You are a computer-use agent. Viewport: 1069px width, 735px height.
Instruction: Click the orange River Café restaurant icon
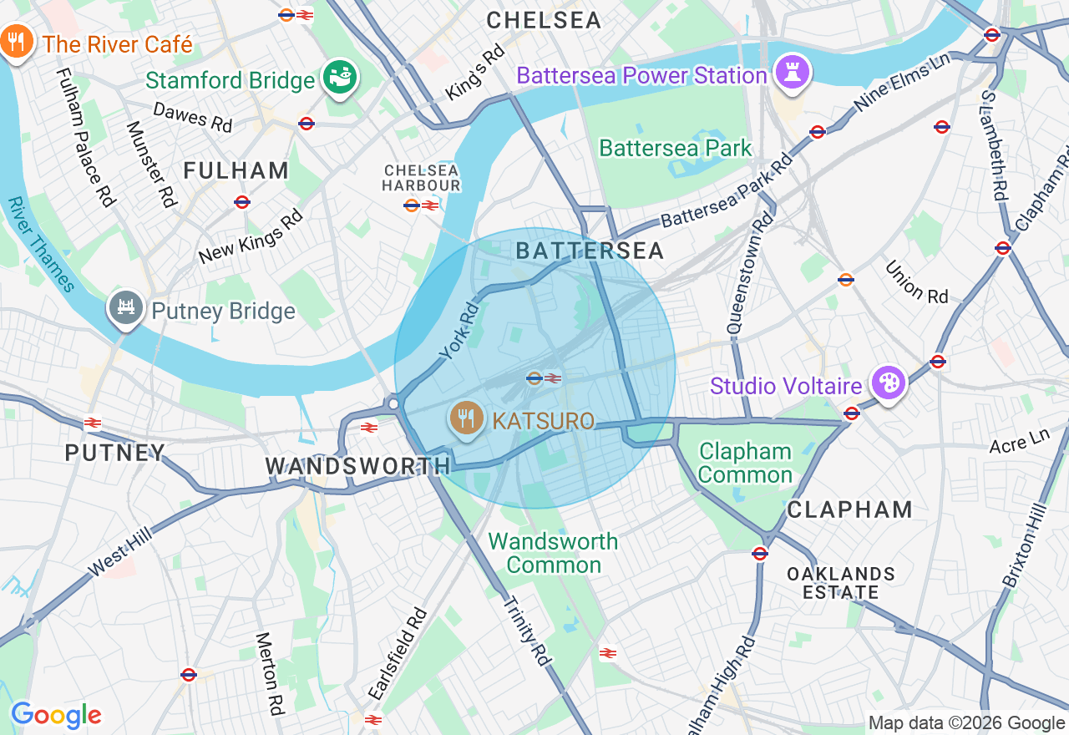click(x=16, y=42)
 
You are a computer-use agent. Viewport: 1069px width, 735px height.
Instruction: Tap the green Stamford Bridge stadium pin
click(x=340, y=78)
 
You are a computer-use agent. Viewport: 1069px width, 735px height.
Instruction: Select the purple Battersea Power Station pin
click(x=789, y=72)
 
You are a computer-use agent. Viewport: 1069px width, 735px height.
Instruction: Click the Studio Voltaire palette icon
click(x=887, y=383)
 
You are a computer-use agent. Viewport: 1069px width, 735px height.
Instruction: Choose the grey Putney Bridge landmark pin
click(x=126, y=308)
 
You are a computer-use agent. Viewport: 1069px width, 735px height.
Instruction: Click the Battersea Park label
click(x=676, y=149)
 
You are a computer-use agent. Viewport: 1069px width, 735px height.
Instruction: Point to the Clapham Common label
click(x=746, y=463)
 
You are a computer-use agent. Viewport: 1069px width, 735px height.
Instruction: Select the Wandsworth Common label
click(x=553, y=553)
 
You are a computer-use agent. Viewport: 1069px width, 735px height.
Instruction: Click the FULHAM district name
click(x=236, y=170)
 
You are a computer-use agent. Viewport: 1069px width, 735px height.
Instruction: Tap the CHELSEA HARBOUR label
click(x=421, y=177)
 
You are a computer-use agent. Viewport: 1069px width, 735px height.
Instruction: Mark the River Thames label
click(x=42, y=244)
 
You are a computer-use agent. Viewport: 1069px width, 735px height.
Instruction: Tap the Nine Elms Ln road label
click(x=903, y=84)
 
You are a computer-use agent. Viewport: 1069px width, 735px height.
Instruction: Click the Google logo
click(x=56, y=715)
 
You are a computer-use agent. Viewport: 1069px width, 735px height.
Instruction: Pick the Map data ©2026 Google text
click(x=966, y=723)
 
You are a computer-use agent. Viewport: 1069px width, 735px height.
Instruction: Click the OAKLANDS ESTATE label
click(x=841, y=583)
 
